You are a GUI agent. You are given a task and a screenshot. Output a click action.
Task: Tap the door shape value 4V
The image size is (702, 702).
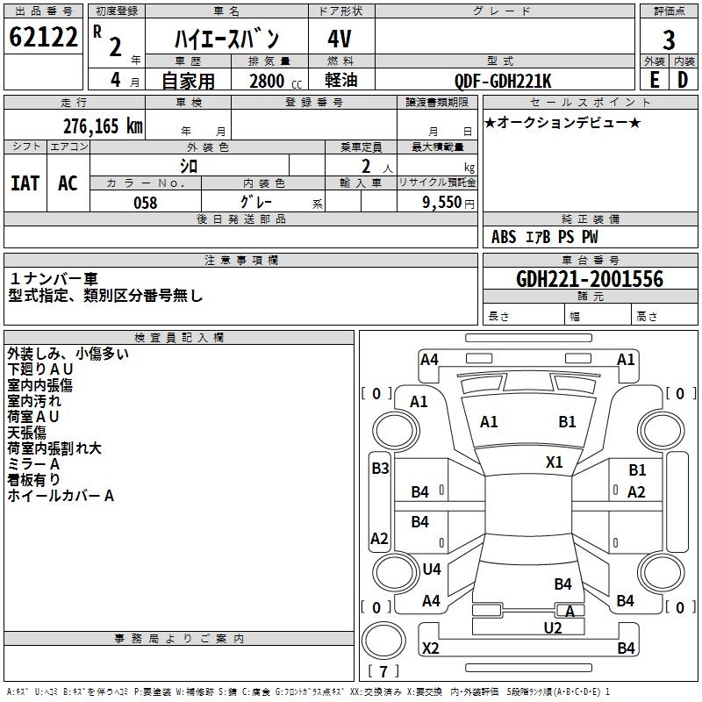coord(340,39)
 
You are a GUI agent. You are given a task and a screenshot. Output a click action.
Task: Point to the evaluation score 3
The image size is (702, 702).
coord(669,39)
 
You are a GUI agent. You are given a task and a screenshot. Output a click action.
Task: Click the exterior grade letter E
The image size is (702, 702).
coord(654,79)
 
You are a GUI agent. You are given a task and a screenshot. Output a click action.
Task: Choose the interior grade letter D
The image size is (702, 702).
coord(684,79)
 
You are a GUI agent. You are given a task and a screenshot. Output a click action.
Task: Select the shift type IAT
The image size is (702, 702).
coord(25,183)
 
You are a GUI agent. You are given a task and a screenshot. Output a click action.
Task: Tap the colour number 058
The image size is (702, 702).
coord(145,203)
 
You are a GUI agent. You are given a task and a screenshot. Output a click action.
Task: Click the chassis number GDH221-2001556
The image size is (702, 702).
coord(590,279)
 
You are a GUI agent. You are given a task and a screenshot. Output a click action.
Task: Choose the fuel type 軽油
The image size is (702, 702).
coord(340,81)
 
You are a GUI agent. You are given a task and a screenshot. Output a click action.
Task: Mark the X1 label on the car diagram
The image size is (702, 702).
coord(555,462)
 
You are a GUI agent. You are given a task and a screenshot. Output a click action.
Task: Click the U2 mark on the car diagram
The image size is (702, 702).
coord(553,627)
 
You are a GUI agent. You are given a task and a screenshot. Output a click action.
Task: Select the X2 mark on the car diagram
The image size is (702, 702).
coord(430,648)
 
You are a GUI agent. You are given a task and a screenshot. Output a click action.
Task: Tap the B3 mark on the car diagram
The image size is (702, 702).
coord(380,469)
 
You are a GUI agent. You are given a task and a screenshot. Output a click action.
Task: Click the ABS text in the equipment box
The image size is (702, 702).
coord(504,237)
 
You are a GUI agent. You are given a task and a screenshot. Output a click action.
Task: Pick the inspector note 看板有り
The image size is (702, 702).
coord(34,479)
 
